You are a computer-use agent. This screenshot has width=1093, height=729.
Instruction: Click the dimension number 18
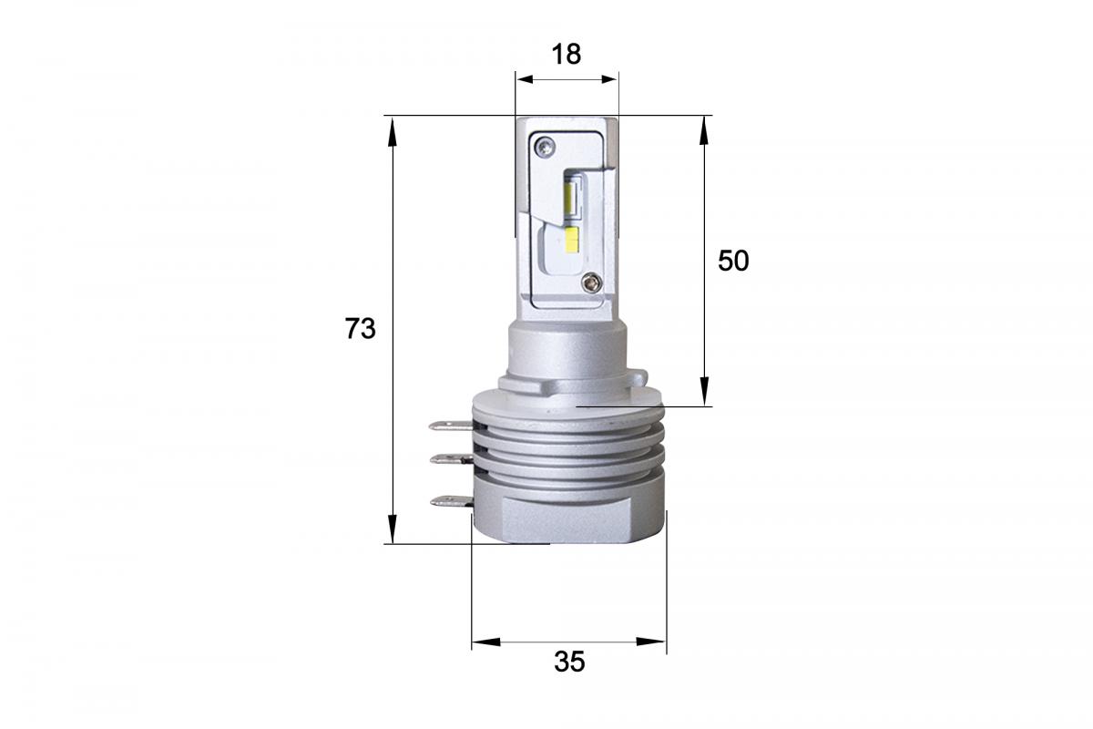click(566, 54)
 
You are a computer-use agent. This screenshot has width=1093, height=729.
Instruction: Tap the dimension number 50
click(732, 261)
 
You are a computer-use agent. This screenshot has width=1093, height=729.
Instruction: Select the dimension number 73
click(360, 328)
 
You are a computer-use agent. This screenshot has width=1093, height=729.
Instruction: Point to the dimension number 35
click(569, 662)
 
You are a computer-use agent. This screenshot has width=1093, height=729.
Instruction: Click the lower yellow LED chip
click(572, 241)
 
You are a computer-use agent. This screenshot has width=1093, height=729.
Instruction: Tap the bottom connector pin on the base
click(451, 500)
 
